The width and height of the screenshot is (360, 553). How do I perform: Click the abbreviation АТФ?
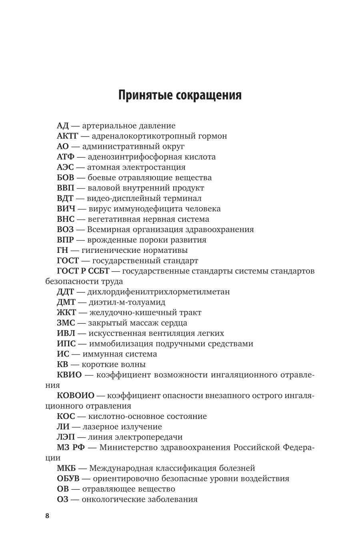pyautogui.click(x=66, y=157)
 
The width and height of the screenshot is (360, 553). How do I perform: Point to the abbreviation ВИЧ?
pyautogui.click(x=66, y=209)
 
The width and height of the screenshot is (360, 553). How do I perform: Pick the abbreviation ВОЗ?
pyautogui.click(x=66, y=230)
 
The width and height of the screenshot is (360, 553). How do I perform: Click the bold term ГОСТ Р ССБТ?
pyautogui.click(x=83, y=271)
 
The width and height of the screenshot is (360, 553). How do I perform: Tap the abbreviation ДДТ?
pyautogui.click(x=66, y=292)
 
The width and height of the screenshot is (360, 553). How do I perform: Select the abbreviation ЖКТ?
pyautogui.click(x=66, y=313)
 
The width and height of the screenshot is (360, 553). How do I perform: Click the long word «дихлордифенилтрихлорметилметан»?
pyautogui.click(x=158, y=292)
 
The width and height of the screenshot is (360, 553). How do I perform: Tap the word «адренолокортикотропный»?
pyautogui.click(x=143, y=136)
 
